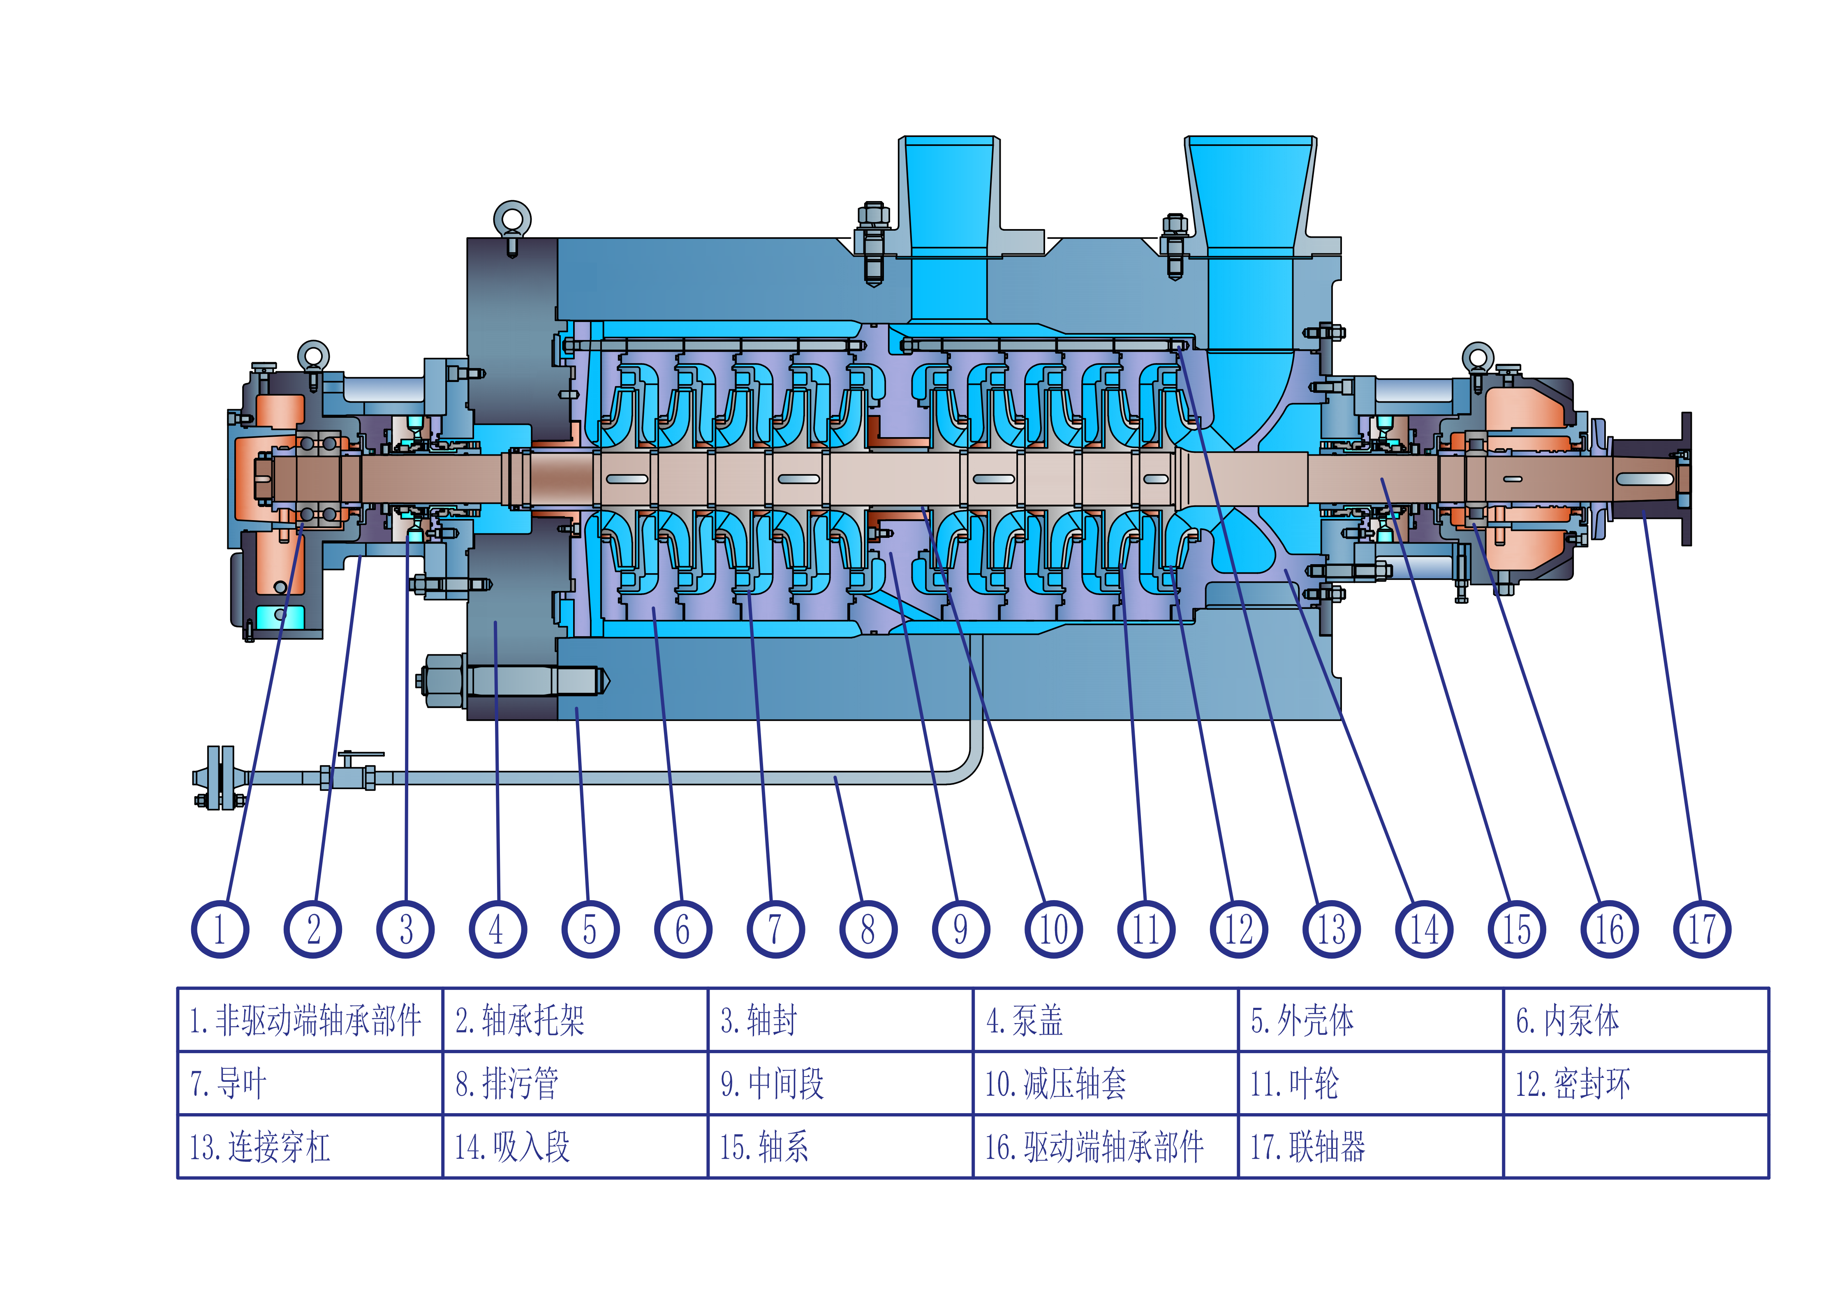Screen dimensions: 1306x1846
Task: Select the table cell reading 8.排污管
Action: tap(575, 1083)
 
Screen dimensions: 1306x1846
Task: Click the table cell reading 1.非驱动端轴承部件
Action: tap(310, 1020)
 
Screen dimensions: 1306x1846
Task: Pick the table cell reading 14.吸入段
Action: tap(575, 1147)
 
